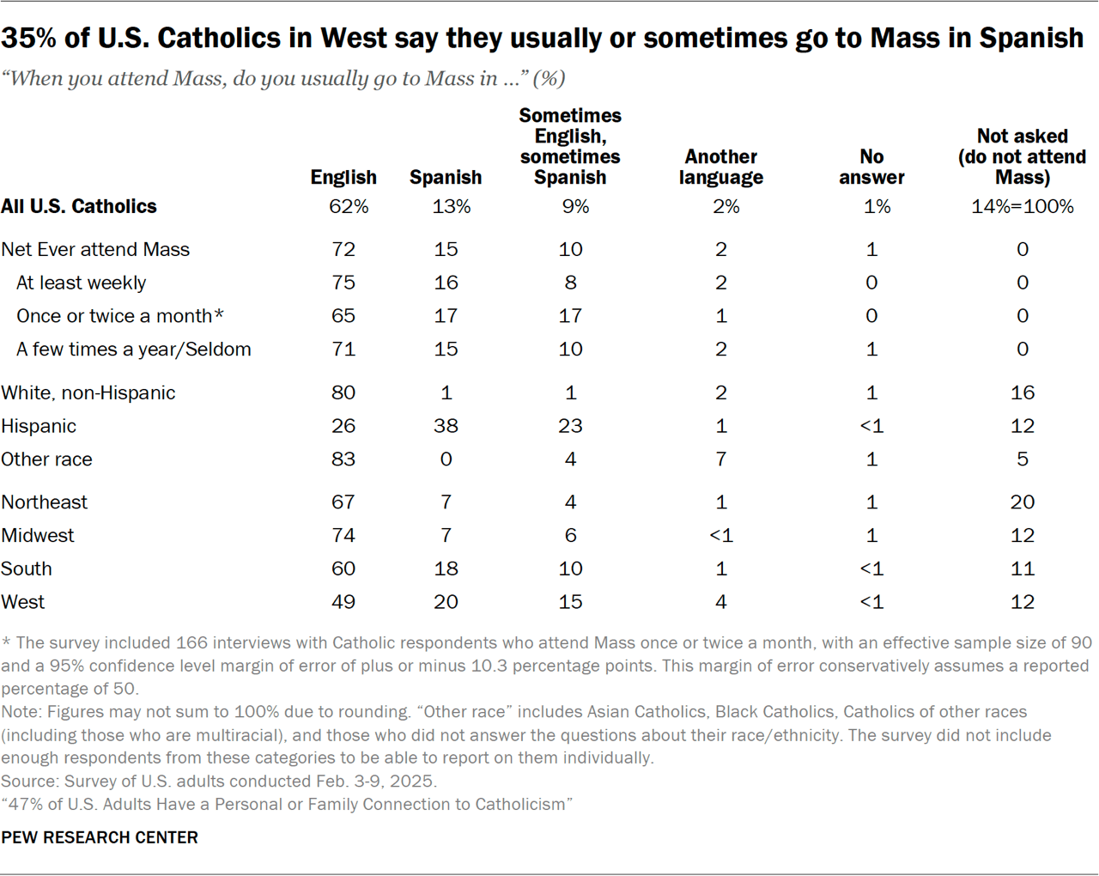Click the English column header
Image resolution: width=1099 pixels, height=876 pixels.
coord(343,177)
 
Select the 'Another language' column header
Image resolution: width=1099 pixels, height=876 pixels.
coord(721,167)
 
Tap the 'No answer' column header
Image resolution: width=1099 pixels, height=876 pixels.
coord(871,167)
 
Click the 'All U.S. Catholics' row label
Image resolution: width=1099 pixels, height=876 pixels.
coord(79,206)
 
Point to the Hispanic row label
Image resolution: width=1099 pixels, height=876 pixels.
coord(39,426)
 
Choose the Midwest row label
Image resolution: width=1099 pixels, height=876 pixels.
coord(38,535)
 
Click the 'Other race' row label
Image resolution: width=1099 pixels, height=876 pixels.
coord(46,459)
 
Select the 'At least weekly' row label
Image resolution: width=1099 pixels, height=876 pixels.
coord(81,283)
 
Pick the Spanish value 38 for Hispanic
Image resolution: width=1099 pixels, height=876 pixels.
coord(446,426)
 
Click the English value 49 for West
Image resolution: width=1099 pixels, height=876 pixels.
coord(343,602)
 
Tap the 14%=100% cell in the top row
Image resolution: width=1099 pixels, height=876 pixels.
coord(1022,206)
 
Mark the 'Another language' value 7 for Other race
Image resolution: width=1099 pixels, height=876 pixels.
coord(721,459)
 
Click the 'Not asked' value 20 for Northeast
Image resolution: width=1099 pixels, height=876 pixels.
coord(1022,502)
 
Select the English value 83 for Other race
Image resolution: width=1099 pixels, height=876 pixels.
coord(343,459)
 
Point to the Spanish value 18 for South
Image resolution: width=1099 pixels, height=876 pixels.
coord(446,569)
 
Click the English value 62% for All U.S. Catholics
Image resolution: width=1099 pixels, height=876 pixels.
coord(349,206)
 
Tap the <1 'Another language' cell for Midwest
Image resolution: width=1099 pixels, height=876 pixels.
coord(721,535)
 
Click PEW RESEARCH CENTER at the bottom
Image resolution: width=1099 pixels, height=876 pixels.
coord(100,837)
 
